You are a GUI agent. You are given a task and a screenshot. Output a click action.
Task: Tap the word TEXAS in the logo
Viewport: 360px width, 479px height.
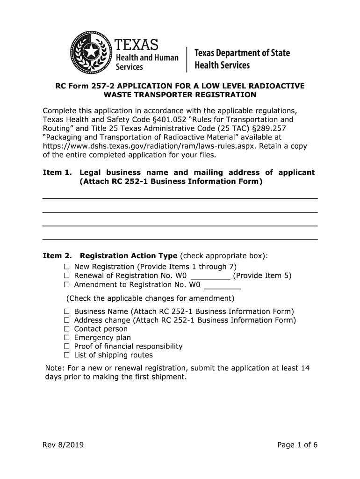point(137,45)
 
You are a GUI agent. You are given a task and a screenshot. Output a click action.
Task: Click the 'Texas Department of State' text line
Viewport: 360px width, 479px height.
point(242,53)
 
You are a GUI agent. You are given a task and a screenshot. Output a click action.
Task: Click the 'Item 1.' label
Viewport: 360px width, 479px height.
point(57,173)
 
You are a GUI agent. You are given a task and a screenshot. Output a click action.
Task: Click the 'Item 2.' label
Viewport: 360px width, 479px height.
point(57,256)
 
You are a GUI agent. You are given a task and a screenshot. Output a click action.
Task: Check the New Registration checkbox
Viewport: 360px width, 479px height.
point(66,267)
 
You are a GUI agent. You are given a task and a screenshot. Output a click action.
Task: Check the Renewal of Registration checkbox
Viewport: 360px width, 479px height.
point(66,276)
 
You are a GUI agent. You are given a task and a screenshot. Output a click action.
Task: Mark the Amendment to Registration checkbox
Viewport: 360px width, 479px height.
point(66,284)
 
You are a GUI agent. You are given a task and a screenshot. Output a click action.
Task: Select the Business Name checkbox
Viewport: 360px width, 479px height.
point(66,312)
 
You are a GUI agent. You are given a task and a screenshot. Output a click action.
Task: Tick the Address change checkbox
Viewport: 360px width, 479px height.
point(66,320)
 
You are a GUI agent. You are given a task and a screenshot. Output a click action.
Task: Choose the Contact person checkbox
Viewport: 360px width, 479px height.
point(66,329)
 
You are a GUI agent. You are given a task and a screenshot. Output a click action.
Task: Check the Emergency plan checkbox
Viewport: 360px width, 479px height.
point(66,338)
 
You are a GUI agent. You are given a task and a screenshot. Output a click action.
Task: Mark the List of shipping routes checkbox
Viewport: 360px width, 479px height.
point(66,355)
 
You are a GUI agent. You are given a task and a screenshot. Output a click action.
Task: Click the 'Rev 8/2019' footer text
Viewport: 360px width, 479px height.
point(63,445)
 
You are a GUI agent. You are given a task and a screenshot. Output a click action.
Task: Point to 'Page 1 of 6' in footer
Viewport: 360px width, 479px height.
point(297,445)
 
